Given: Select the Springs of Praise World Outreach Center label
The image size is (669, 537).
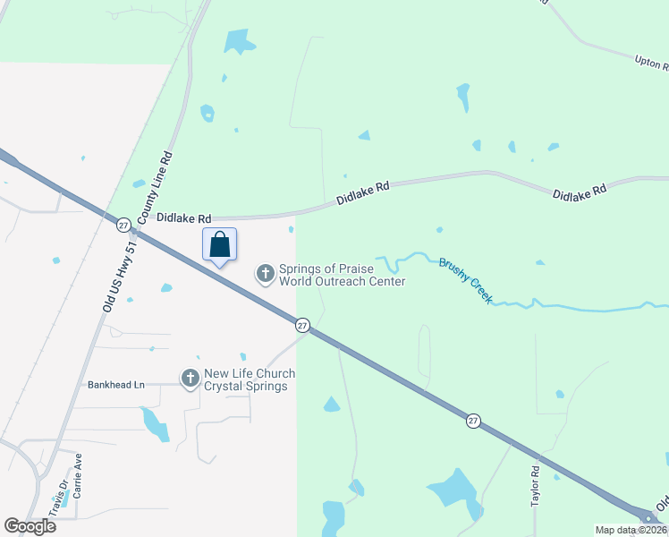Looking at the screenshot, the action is coord(342,275).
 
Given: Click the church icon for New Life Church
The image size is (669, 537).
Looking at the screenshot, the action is coord(190,379).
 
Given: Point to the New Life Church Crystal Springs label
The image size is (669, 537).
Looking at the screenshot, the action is coord(246,379).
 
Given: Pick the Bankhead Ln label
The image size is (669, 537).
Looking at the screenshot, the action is coord(115,385).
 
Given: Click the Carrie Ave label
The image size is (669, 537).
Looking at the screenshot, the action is coord(78,475).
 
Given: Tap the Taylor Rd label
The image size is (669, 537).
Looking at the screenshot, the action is coord(536,486).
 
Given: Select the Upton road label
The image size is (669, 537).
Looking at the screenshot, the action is coord(651,63).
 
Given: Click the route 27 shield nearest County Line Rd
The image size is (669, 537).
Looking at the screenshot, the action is coord(123,226).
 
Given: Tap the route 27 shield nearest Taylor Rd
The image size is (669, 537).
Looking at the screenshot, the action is coord(472,419).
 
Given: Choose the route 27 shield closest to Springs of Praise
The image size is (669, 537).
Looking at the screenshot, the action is coord(302,324).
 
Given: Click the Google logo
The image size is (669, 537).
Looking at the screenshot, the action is coord(30,525).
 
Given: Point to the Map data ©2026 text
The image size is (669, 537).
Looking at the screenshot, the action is coord(630,530).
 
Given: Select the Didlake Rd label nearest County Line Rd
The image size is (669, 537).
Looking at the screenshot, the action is coord(183,217).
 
